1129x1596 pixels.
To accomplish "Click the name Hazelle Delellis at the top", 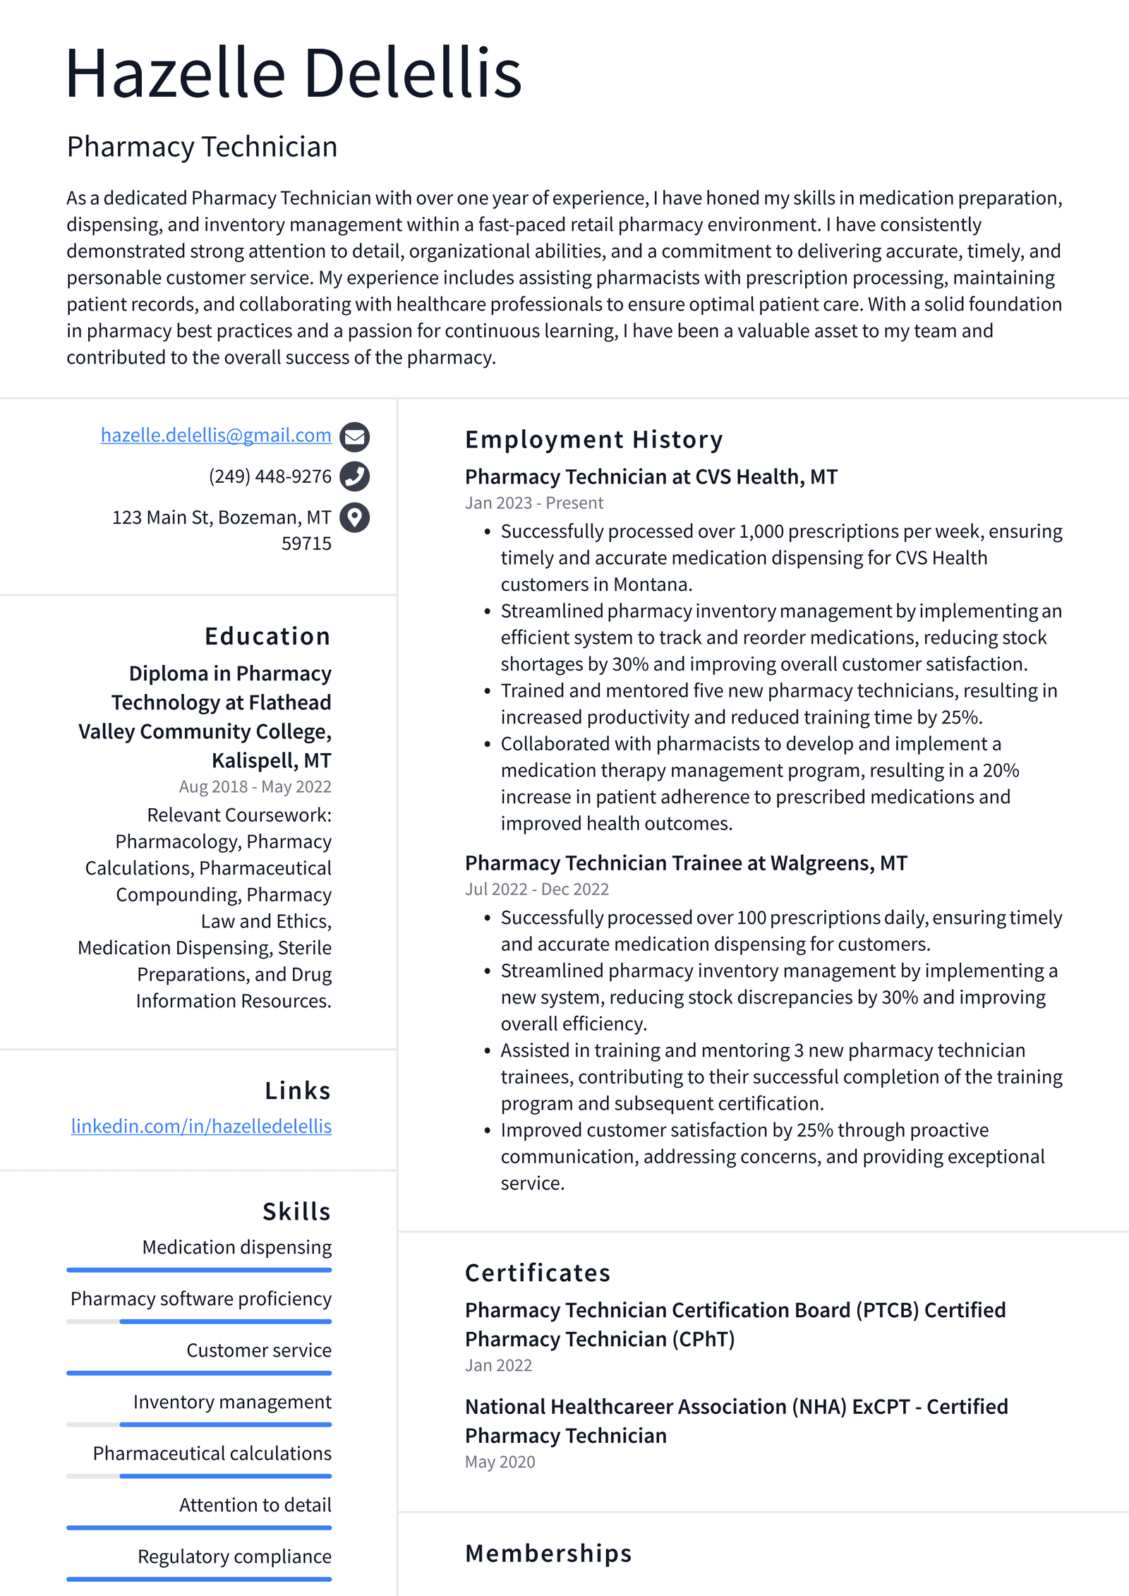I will coord(293,73).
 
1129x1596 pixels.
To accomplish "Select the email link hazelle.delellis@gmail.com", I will coord(216,435).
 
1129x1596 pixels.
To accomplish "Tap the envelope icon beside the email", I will coord(354,437).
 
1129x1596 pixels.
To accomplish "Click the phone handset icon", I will coord(354,476).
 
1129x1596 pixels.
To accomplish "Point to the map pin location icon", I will coord(354,517).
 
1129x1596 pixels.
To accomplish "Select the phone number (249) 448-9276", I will coord(270,476).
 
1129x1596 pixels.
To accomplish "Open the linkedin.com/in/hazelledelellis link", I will coord(201,1126).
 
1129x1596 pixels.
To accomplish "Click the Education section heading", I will coord(267,636).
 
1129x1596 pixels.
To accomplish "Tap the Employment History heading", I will coord(593,440).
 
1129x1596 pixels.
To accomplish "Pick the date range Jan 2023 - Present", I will coord(533,503).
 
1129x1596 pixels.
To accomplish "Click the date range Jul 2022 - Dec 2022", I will coord(536,889).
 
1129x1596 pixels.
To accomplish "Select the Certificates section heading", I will coord(537,1273).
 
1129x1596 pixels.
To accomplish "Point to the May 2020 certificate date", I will coord(500,1461).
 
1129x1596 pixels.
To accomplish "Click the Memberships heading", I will coord(548,1554).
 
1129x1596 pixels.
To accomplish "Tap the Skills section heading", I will coord(296,1211).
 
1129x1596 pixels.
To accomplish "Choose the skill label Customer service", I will coord(258,1350).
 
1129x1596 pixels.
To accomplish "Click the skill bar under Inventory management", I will coord(199,1424).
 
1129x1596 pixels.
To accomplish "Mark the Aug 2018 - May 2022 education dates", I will coord(255,786).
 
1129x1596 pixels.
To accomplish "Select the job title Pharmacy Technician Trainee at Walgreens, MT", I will coord(686,863).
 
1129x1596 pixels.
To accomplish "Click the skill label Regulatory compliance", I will coord(234,1556).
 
